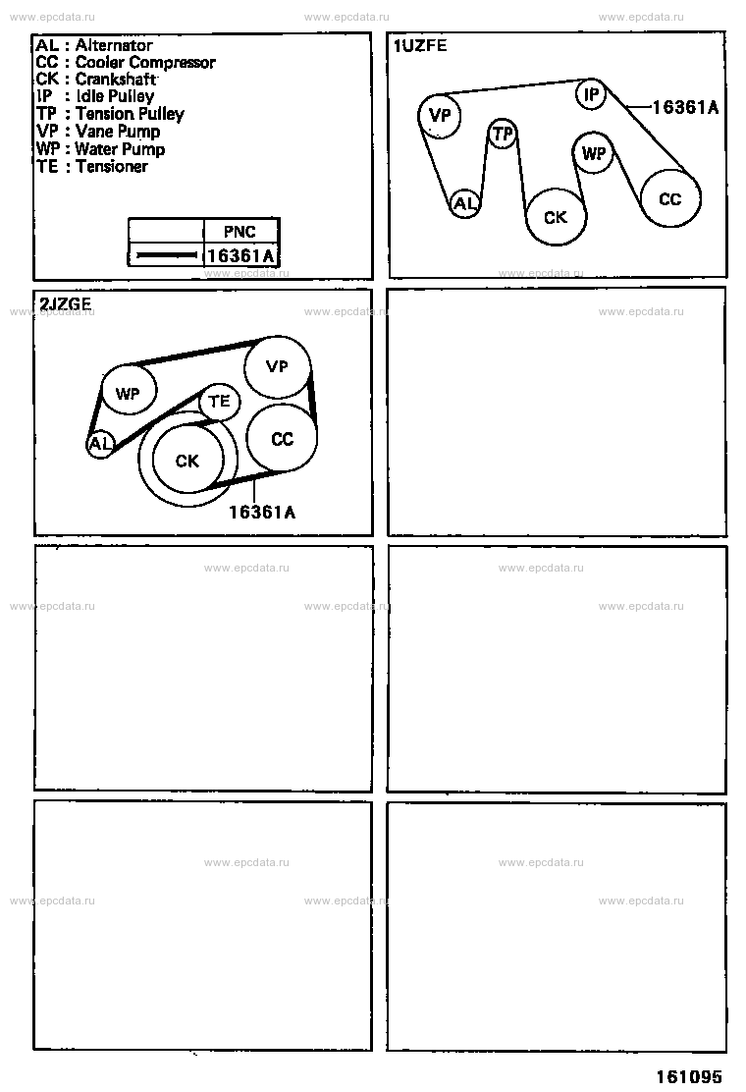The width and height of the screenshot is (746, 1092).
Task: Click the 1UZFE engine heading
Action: click(x=420, y=46)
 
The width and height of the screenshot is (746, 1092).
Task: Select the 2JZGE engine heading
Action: click(x=66, y=303)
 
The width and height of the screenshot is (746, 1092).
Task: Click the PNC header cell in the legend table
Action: click(x=240, y=231)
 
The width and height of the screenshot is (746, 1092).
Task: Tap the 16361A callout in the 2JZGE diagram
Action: click(x=262, y=513)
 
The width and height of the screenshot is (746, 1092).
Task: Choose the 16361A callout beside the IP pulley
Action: click(x=685, y=107)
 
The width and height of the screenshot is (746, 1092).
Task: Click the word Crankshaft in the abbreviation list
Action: click(x=116, y=79)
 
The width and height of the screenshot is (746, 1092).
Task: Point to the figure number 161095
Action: click(x=689, y=1076)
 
